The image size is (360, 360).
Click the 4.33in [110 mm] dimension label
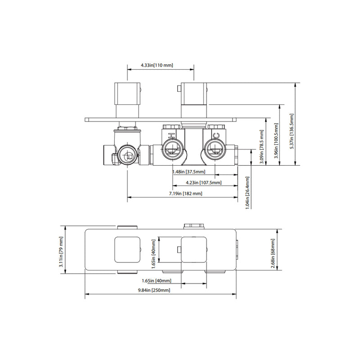(x=156, y=66)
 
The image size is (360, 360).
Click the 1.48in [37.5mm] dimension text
(x=189, y=172)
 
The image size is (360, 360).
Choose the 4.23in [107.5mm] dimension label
(x=204, y=183)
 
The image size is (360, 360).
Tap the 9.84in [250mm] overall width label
(x=154, y=290)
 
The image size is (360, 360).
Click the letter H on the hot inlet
(x=171, y=136)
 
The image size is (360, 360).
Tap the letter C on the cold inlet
(x=216, y=136)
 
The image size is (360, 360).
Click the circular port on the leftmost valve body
(x=128, y=157)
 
